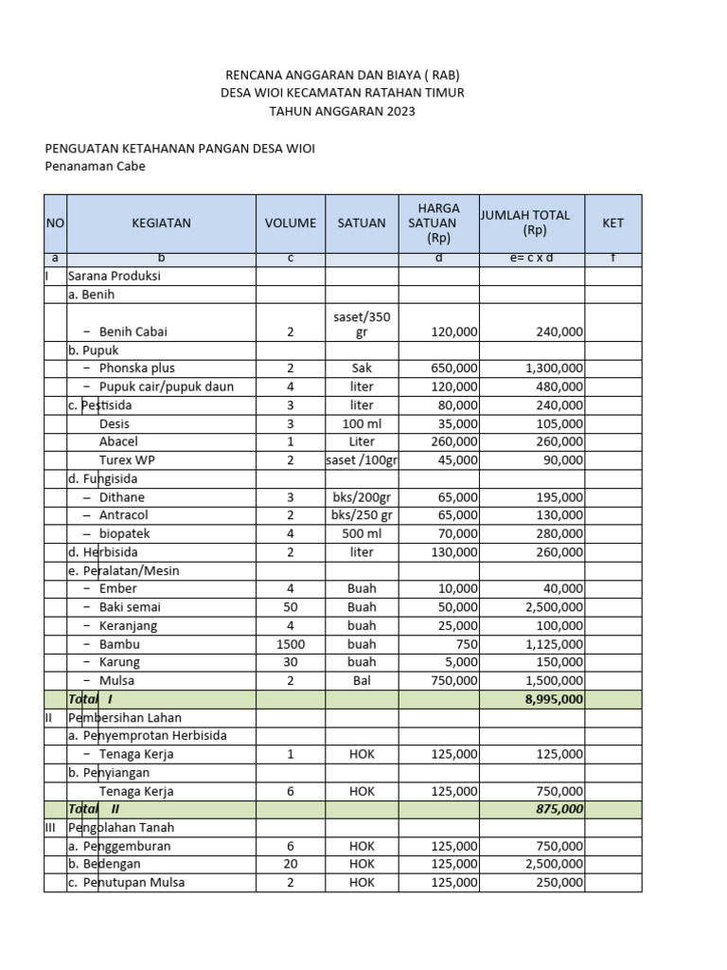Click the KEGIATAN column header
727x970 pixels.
[x=161, y=224]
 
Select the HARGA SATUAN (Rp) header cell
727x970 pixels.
[x=438, y=223]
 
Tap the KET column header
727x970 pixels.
[x=613, y=224]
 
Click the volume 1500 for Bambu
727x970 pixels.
[x=291, y=644]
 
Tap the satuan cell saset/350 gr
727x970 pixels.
[x=362, y=324]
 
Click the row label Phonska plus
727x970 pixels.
[x=136, y=368]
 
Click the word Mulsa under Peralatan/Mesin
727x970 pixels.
[x=116, y=680]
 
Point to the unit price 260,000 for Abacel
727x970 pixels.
[x=450, y=441]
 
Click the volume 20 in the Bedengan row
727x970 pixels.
[x=291, y=864]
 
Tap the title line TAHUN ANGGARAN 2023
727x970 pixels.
[x=342, y=112]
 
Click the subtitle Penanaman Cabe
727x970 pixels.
[x=96, y=167]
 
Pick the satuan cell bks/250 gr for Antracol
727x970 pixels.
[x=362, y=515]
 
